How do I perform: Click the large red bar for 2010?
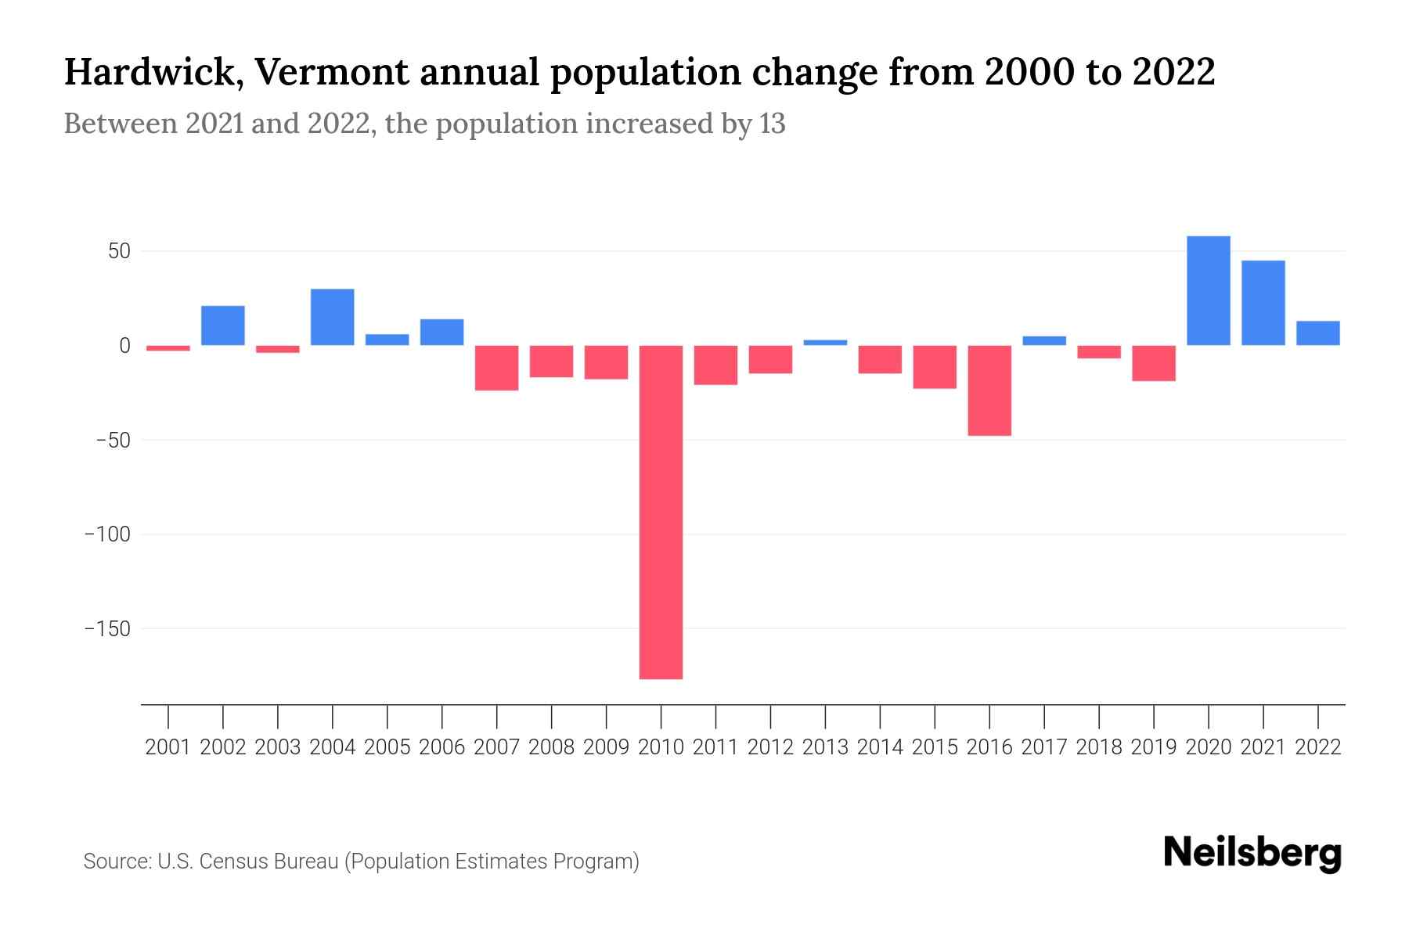pos(661,512)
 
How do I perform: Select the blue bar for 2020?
pos(1208,290)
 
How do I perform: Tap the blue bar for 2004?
pos(333,317)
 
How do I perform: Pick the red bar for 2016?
pos(989,390)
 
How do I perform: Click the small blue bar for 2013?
pos(825,342)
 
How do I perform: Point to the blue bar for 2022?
pos(1317,333)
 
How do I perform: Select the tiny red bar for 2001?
pos(168,348)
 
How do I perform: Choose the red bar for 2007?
pos(497,368)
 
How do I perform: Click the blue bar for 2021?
pos(1263,303)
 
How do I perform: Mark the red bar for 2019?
pos(1154,363)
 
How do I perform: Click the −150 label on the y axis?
pos(107,629)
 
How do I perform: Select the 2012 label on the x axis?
pos(770,747)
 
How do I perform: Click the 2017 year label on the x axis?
pos(1044,747)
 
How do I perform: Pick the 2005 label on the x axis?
pos(387,747)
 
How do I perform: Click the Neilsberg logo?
pos(1252,854)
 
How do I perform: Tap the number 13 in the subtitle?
pos(772,124)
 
